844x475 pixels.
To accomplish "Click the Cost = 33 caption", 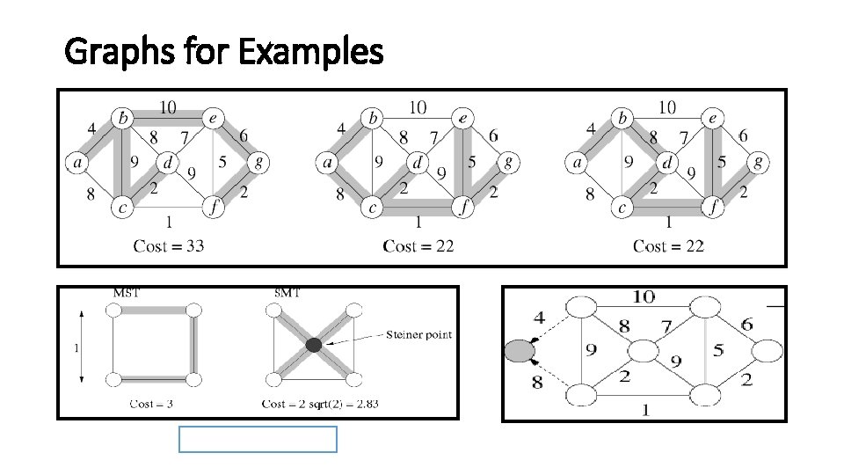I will pos(169,245).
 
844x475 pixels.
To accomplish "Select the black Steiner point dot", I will pos(314,345).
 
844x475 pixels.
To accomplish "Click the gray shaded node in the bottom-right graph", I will pos(520,352).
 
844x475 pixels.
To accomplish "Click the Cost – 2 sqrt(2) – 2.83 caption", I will pos(316,404).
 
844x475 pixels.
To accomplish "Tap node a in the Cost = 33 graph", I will pos(76,162).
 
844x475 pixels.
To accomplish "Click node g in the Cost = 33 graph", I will pos(257,162).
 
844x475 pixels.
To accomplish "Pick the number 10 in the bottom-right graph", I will pos(644,297).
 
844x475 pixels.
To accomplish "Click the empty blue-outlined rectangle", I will pos(258,439).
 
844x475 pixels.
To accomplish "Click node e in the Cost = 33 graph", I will pos(212,117).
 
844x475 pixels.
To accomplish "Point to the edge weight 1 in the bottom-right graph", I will pos(645,409).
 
